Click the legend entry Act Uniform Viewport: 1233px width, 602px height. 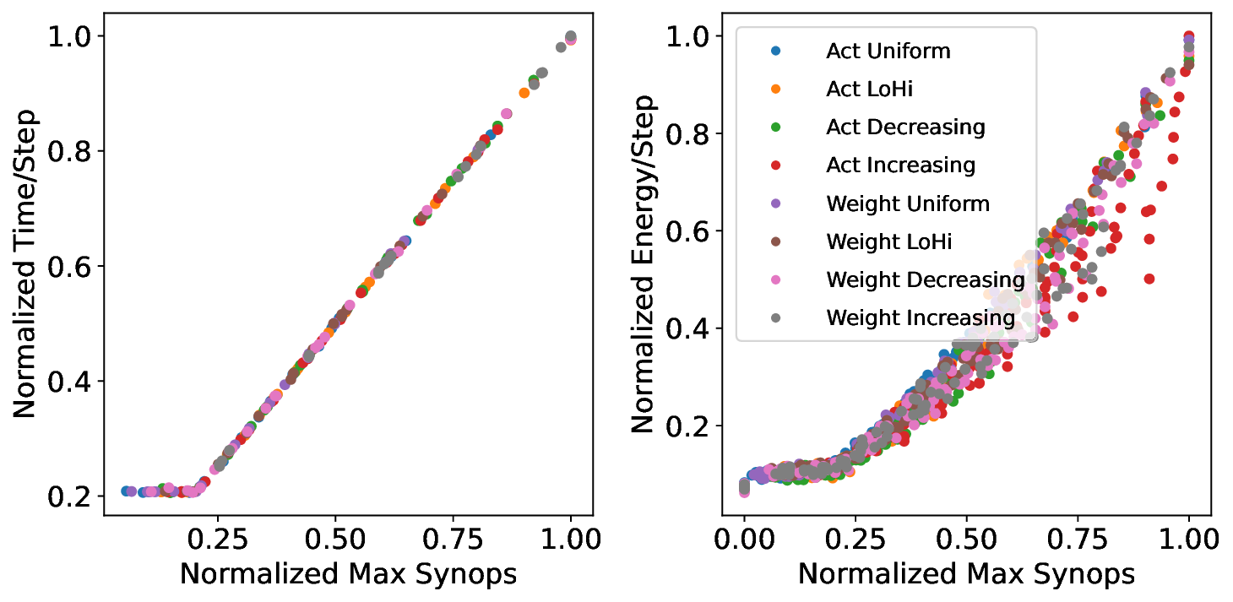(x=888, y=52)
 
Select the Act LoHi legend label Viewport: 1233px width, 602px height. (x=869, y=89)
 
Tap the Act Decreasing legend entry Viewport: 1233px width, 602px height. (x=905, y=127)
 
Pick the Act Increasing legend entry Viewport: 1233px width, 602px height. (x=900, y=165)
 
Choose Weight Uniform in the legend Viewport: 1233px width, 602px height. (x=908, y=203)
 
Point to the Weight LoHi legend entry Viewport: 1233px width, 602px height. (x=889, y=241)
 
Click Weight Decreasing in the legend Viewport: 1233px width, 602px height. (x=926, y=279)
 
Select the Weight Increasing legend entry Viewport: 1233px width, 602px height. (x=921, y=317)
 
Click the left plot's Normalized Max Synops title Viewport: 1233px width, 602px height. (x=348, y=574)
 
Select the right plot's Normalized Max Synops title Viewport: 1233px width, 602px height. (x=966, y=574)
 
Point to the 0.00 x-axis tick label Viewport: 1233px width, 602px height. (x=744, y=538)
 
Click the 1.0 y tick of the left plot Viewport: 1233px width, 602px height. (x=73, y=36)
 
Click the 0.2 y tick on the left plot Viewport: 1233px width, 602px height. (x=73, y=497)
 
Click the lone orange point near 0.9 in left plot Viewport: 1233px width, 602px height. (x=524, y=93)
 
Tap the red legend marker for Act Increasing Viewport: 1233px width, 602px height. (x=776, y=165)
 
